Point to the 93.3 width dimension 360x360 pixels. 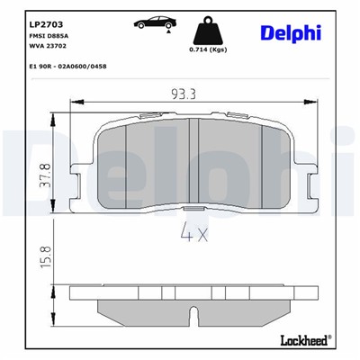pyautogui.click(x=184, y=92)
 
